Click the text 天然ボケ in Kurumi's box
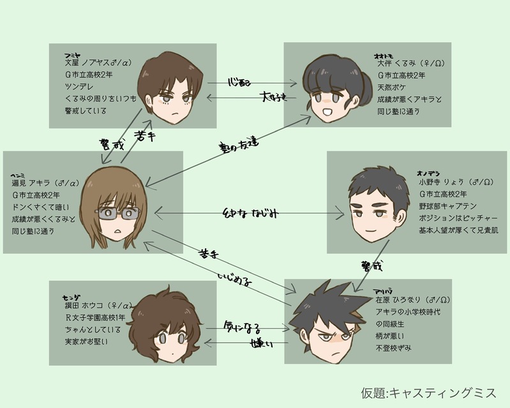[x=389, y=89]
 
